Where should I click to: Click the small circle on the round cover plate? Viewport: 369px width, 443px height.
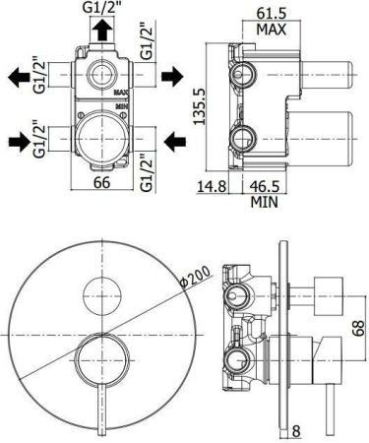tap(98, 291)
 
